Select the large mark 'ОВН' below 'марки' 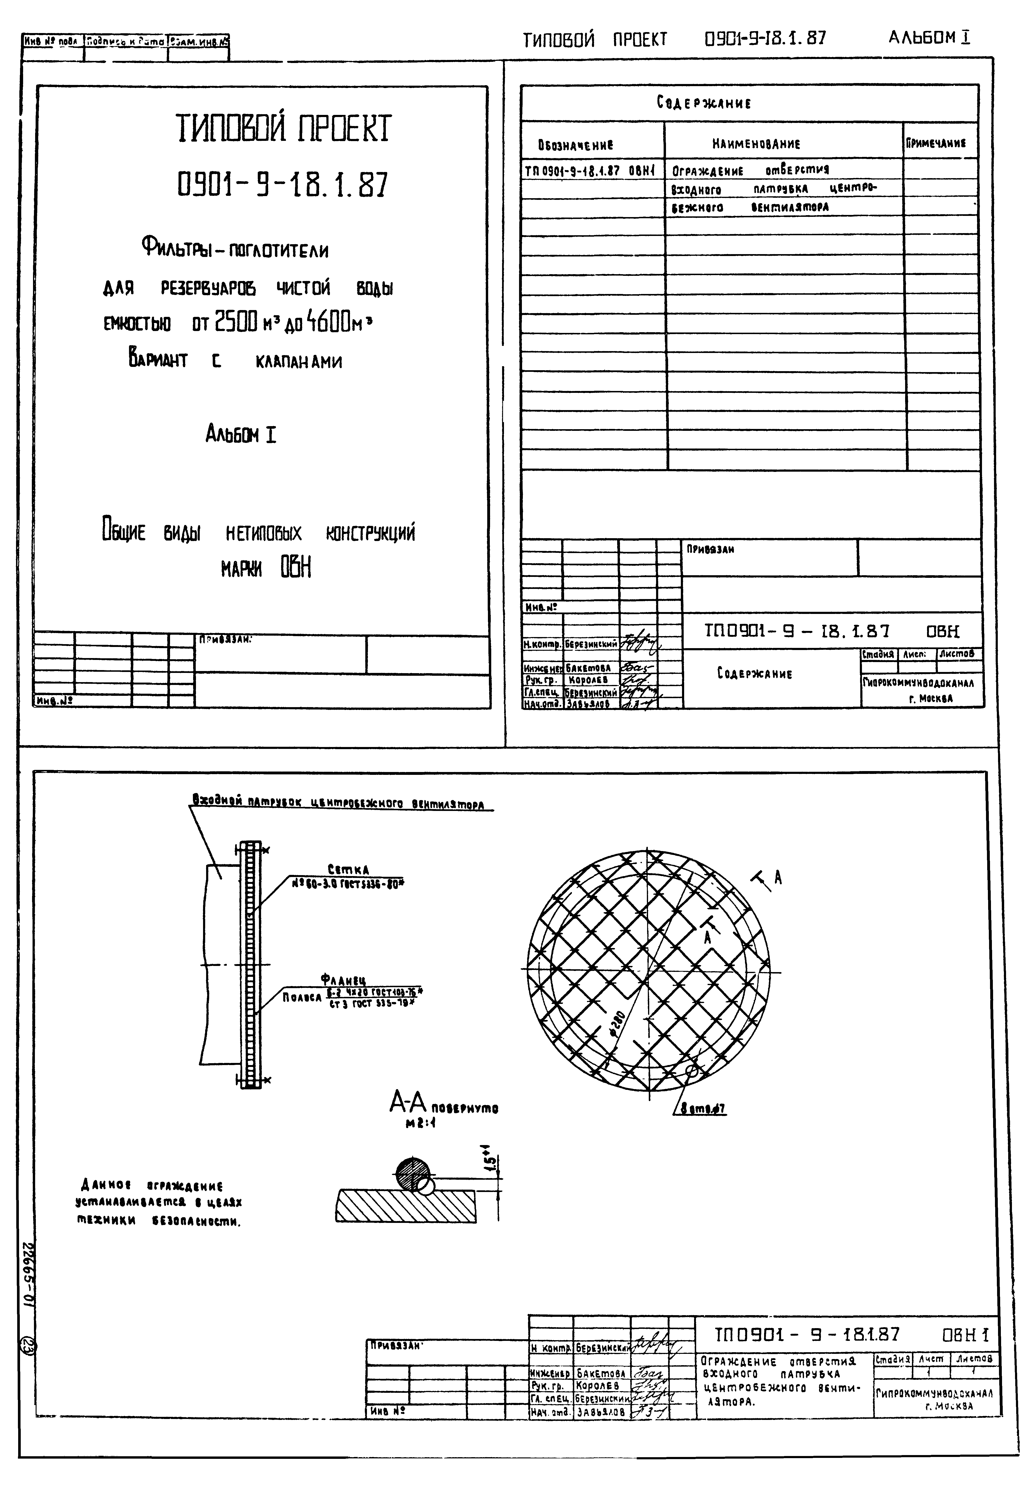[296, 568]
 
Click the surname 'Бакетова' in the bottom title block [601, 1374]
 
